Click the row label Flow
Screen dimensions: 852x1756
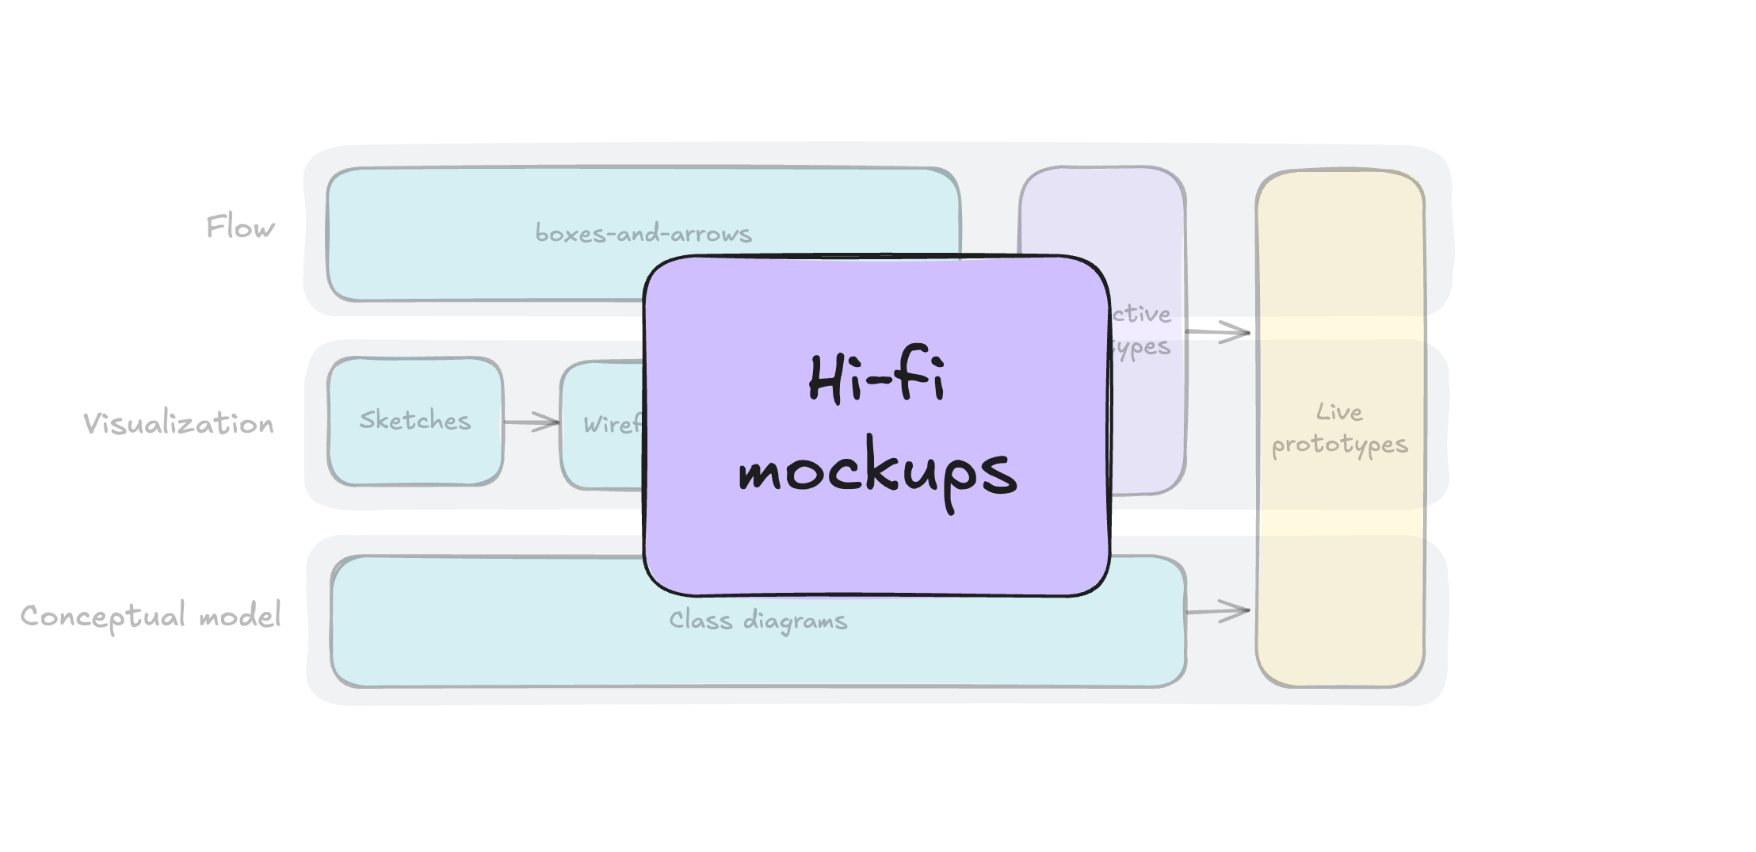tap(240, 227)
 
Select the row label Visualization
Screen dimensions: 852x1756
tap(178, 424)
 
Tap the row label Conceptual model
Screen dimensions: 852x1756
tap(151, 617)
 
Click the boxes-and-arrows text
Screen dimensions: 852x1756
tap(643, 234)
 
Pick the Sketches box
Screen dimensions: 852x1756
tap(415, 421)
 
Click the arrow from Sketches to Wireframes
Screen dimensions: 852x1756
tap(531, 422)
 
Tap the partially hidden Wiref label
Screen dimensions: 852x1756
tap(612, 425)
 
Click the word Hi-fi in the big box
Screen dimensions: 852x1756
tap(876, 378)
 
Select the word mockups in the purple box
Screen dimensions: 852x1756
tap(877, 472)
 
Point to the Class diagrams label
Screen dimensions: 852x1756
tap(758, 620)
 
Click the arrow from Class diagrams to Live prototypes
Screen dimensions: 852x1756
tap(1219, 611)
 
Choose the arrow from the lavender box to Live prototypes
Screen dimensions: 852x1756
tap(1219, 332)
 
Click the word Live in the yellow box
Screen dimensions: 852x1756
tap(1339, 412)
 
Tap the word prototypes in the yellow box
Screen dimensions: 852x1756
tap(1339, 445)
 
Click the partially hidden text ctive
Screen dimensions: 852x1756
tap(1141, 314)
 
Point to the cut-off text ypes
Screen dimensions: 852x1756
tap(1141, 347)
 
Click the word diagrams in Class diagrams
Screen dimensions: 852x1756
tap(795, 621)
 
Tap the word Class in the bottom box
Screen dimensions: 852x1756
tap(700, 620)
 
